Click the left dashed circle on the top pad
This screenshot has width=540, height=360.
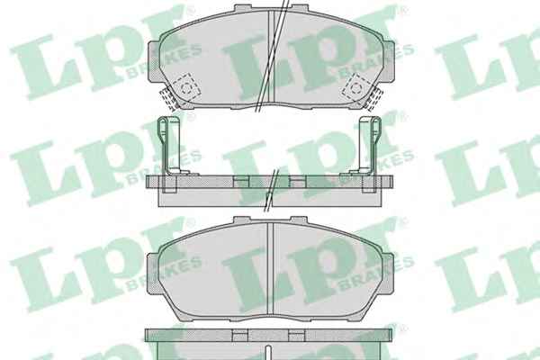[186, 88]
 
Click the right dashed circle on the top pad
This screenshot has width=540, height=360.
[355, 87]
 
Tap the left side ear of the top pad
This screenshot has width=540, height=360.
[154, 62]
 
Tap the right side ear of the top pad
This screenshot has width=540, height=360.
[388, 62]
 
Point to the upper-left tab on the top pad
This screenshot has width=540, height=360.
[243, 7]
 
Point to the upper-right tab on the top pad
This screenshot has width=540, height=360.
[299, 7]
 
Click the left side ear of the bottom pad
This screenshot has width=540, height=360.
[153, 274]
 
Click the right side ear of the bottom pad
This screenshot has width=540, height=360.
[388, 274]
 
